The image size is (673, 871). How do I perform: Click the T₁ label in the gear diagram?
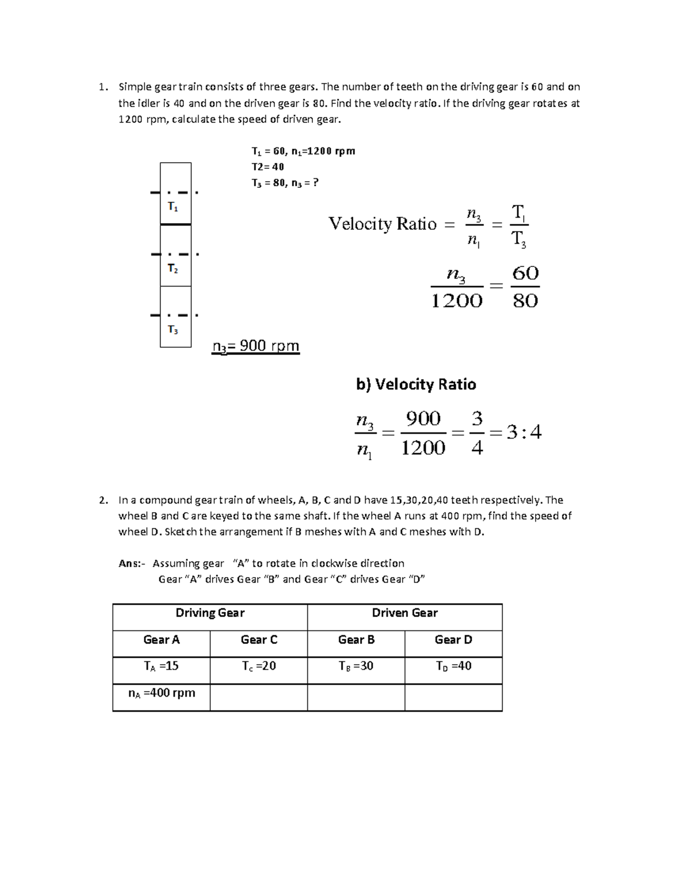pyautogui.click(x=173, y=207)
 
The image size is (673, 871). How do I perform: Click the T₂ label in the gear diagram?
pyautogui.click(x=173, y=269)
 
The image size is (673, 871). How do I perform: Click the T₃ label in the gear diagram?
pyautogui.click(x=173, y=330)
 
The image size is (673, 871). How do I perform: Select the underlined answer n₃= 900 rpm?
pyautogui.click(x=256, y=347)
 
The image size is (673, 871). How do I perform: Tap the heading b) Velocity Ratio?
pyautogui.click(x=416, y=384)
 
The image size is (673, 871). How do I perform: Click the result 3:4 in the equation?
pyautogui.click(x=523, y=432)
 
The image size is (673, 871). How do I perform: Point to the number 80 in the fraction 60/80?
pyautogui.click(x=526, y=301)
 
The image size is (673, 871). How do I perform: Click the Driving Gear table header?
pyautogui.click(x=210, y=613)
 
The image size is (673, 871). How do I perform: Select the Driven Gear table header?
pyautogui.click(x=404, y=613)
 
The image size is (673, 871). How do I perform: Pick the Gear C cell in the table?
pyautogui.click(x=259, y=640)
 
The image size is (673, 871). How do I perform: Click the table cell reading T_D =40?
pyautogui.click(x=453, y=666)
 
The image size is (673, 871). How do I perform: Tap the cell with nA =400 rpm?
pyautogui.click(x=162, y=693)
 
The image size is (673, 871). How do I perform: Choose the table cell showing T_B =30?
pyautogui.click(x=356, y=666)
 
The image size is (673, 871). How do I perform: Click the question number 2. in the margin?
pyautogui.click(x=102, y=500)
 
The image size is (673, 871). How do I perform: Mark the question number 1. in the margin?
pyautogui.click(x=102, y=87)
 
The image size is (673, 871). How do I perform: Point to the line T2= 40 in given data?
pyautogui.click(x=268, y=167)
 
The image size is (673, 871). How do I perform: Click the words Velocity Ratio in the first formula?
pyautogui.click(x=382, y=224)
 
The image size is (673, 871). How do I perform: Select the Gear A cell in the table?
pyautogui.click(x=162, y=640)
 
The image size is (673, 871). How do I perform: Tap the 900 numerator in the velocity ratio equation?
pyautogui.click(x=423, y=419)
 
